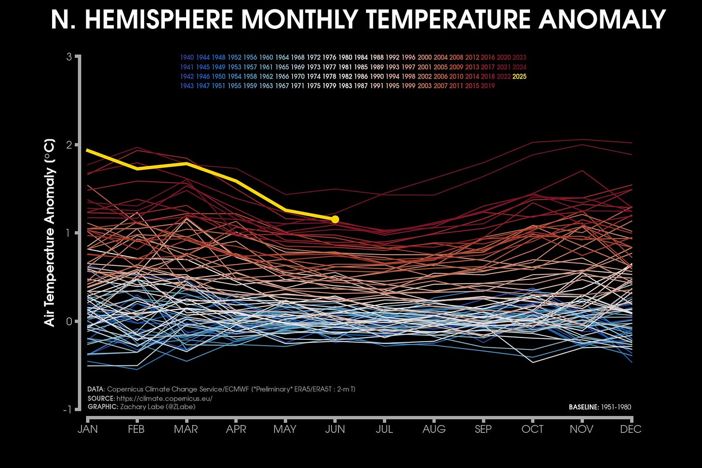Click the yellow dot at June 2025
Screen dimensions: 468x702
[x=335, y=219]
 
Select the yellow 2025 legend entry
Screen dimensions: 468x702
[x=519, y=76]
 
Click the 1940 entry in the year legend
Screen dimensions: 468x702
[x=187, y=57]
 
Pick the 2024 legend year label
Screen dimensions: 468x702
[x=519, y=67]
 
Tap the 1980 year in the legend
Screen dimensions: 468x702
[x=345, y=57]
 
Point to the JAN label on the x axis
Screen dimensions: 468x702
[x=88, y=429]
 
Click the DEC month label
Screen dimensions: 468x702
[x=631, y=429]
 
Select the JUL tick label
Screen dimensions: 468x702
[x=384, y=429]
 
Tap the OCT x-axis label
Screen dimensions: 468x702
[x=532, y=429]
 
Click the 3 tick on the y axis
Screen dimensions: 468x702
[x=69, y=57]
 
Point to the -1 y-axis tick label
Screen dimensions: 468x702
[x=67, y=409]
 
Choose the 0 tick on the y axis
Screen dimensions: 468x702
[x=69, y=321]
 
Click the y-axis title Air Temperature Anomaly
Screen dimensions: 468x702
[x=50, y=233]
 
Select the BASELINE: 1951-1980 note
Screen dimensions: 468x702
[x=600, y=407]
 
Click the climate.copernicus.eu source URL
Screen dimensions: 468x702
[x=164, y=399]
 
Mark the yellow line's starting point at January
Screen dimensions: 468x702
[x=88, y=150]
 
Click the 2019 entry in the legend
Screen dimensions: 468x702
[x=487, y=86]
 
